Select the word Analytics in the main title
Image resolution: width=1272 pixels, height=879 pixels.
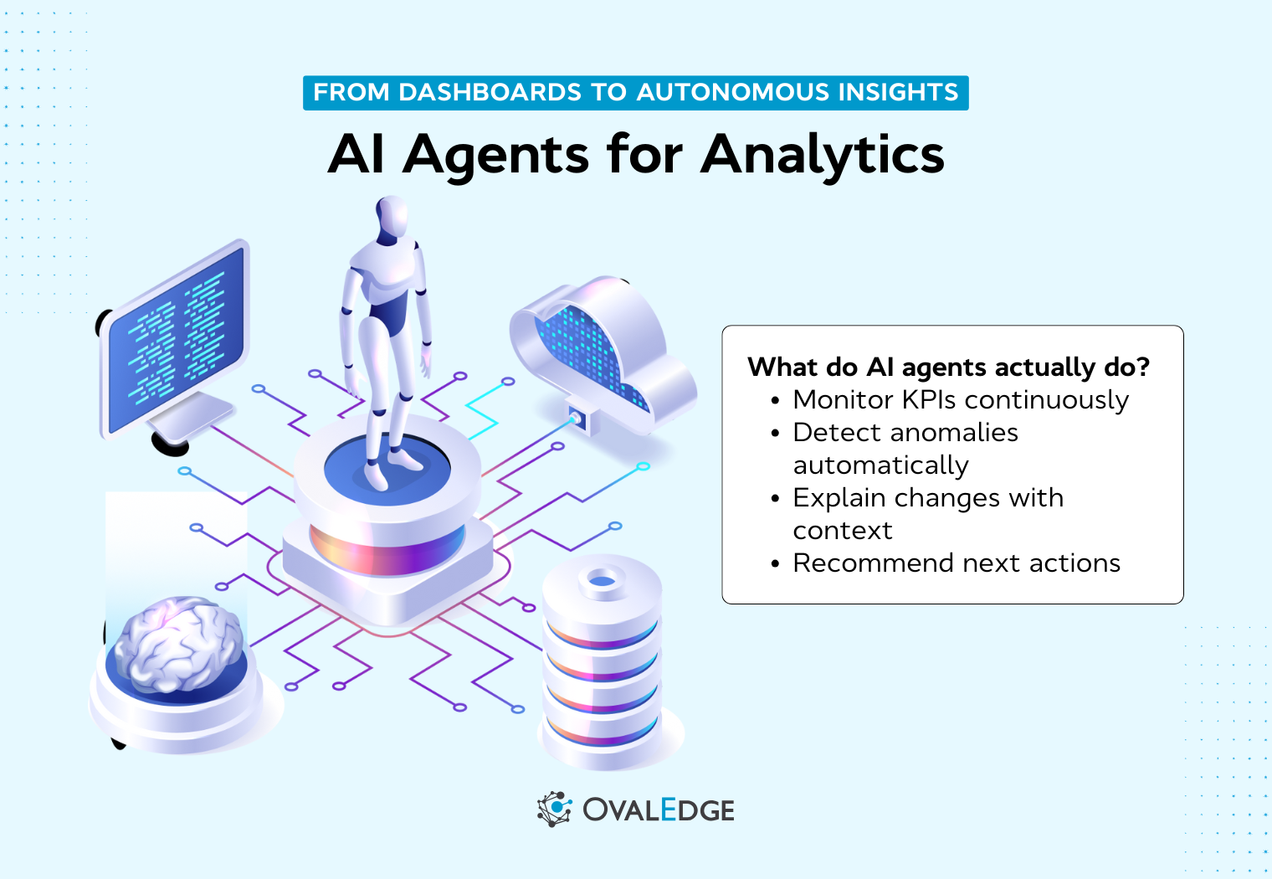click(x=823, y=155)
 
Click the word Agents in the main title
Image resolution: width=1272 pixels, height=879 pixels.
click(x=496, y=155)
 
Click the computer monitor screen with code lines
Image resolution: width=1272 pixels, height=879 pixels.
click(x=177, y=338)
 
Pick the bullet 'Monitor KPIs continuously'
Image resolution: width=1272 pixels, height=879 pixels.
click(x=960, y=400)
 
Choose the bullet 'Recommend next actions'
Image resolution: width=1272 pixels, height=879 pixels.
click(x=956, y=563)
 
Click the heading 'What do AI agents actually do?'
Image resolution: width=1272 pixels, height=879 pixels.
click(x=948, y=367)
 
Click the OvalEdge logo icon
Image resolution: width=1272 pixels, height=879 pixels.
click(x=554, y=809)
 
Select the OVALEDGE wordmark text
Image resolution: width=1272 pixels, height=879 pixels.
click(x=659, y=810)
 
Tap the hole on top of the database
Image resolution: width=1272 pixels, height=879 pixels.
click(x=602, y=580)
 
